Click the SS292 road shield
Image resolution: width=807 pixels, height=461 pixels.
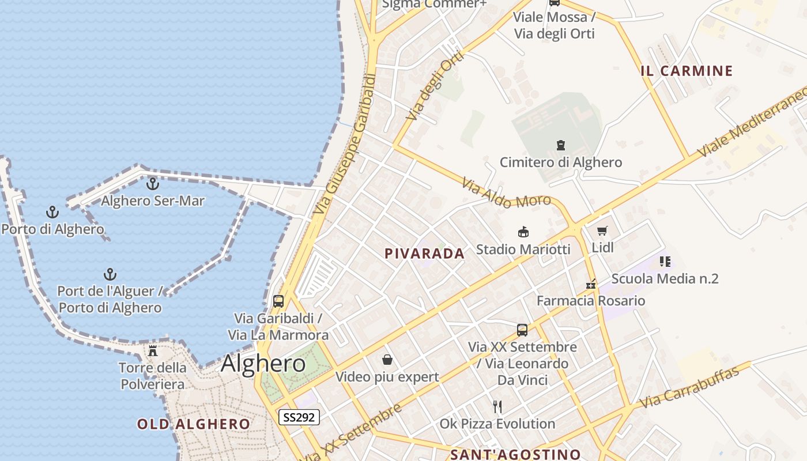pyautogui.click(x=299, y=417)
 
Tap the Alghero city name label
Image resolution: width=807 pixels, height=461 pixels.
pyautogui.click(x=263, y=364)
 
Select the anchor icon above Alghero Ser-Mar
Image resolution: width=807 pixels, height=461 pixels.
pyautogui.click(x=153, y=184)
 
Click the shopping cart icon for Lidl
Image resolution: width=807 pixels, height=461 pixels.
pyautogui.click(x=602, y=231)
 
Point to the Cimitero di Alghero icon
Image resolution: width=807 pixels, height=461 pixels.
pyautogui.click(x=560, y=145)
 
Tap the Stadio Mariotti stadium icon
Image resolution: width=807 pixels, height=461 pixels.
pyautogui.click(x=523, y=232)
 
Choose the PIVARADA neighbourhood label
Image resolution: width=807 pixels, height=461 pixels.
pyautogui.click(x=424, y=254)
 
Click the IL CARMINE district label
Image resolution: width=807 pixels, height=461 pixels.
pyautogui.click(x=687, y=71)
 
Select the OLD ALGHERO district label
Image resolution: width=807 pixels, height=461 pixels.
pyautogui.click(x=194, y=425)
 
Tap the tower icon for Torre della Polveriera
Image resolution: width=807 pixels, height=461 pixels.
pyautogui.click(x=153, y=350)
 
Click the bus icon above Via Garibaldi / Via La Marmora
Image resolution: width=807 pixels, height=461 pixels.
pyautogui.click(x=278, y=301)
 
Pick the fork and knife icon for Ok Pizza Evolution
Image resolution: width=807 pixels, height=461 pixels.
pyautogui.click(x=497, y=407)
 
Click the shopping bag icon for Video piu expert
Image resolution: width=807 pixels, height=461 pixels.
pyautogui.click(x=387, y=360)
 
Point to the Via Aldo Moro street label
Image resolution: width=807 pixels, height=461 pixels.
pyautogui.click(x=503, y=194)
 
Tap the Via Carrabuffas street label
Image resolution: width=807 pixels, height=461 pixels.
pyautogui.click(x=689, y=387)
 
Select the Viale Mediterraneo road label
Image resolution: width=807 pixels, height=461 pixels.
pyautogui.click(x=752, y=122)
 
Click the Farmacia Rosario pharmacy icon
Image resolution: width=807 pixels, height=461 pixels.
pyautogui.click(x=591, y=284)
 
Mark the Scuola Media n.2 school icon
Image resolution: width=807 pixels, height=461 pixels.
pyautogui.click(x=665, y=262)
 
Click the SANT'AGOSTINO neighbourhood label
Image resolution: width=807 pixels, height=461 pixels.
pyautogui.click(x=515, y=455)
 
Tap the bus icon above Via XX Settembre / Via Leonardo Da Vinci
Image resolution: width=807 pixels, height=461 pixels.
pyautogui.click(x=522, y=330)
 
